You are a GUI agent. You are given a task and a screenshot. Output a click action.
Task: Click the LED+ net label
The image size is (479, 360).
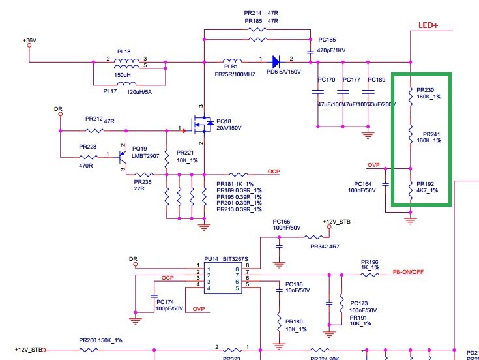tap(428, 25)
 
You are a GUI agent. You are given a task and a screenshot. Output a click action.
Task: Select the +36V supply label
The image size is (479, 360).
tap(31, 40)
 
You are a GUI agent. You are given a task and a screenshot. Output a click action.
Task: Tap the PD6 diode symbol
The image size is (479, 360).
tap(275, 62)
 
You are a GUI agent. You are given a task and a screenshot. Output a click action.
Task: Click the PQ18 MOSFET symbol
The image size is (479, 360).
tap(204, 124)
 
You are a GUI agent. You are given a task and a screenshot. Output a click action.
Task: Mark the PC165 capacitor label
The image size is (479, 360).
tap(327, 40)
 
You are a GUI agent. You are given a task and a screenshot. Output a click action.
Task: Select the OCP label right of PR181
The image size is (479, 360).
tap(274, 172)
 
